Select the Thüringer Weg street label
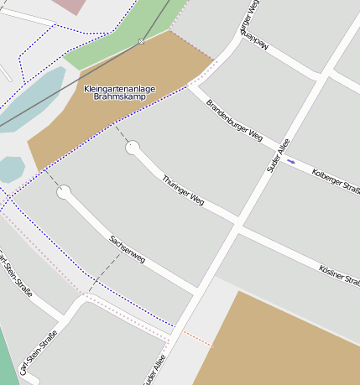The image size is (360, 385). click(x=183, y=190)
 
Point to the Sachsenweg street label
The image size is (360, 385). click(x=128, y=249)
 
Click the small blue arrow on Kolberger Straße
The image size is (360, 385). click(x=291, y=161)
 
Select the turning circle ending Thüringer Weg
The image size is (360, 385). click(x=133, y=148)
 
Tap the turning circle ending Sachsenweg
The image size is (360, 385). click(x=64, y=192)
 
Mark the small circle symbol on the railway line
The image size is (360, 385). click(x=141, y=40)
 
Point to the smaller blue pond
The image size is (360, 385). click(x=10, y=169)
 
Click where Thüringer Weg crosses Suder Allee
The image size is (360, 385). click(x=238, y=224)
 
